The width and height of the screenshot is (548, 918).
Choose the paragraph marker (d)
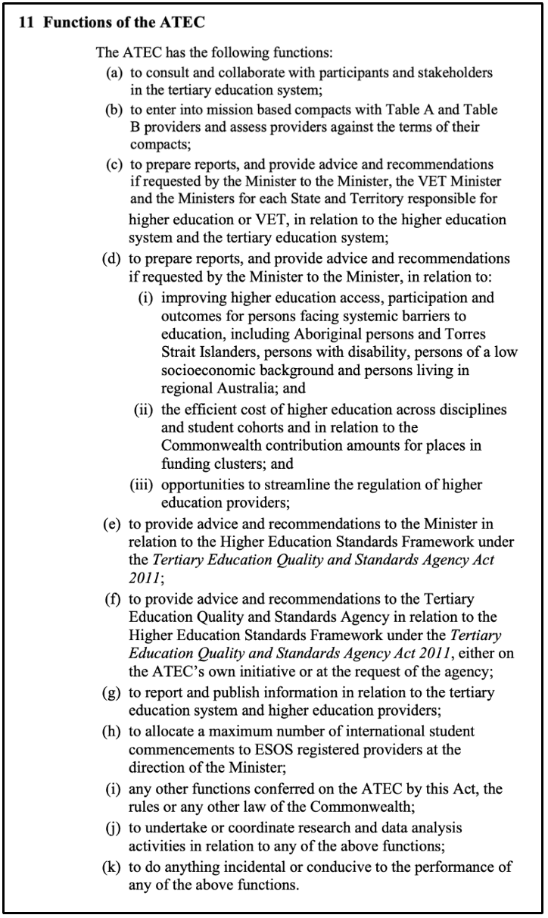114,258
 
